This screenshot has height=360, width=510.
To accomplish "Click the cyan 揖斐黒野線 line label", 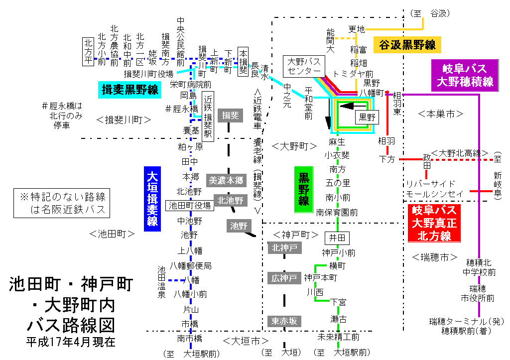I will (x=130, y=89).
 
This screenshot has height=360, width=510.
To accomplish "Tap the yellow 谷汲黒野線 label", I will (x=407, y=45).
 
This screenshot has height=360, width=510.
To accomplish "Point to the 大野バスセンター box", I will (x=304, y=66).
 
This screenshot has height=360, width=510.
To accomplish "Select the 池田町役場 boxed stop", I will (x=190, y=205).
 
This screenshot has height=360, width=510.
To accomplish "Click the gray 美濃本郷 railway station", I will (x=226, y=181).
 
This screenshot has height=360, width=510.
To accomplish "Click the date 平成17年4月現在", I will (x=71, y=342).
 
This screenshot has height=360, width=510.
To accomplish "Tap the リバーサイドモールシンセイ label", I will (x=435, y=188).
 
